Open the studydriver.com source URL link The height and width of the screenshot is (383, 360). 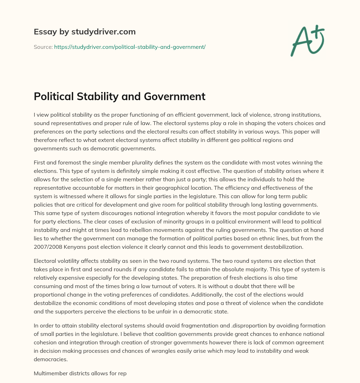tap(130, 47)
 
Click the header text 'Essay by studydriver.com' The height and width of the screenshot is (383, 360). tap(85, 32)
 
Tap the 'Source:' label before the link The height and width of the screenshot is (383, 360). tap(43, 47)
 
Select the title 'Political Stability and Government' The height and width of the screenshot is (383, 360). tap(120, 96)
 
